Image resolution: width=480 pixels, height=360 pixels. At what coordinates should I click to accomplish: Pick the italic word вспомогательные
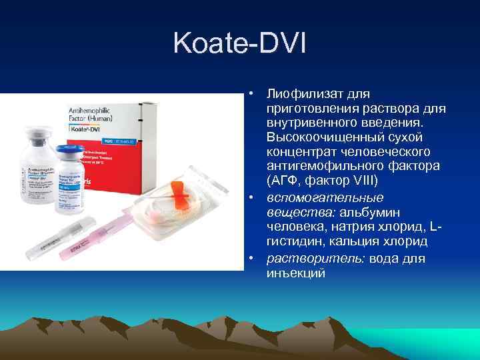tap(324, 198)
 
